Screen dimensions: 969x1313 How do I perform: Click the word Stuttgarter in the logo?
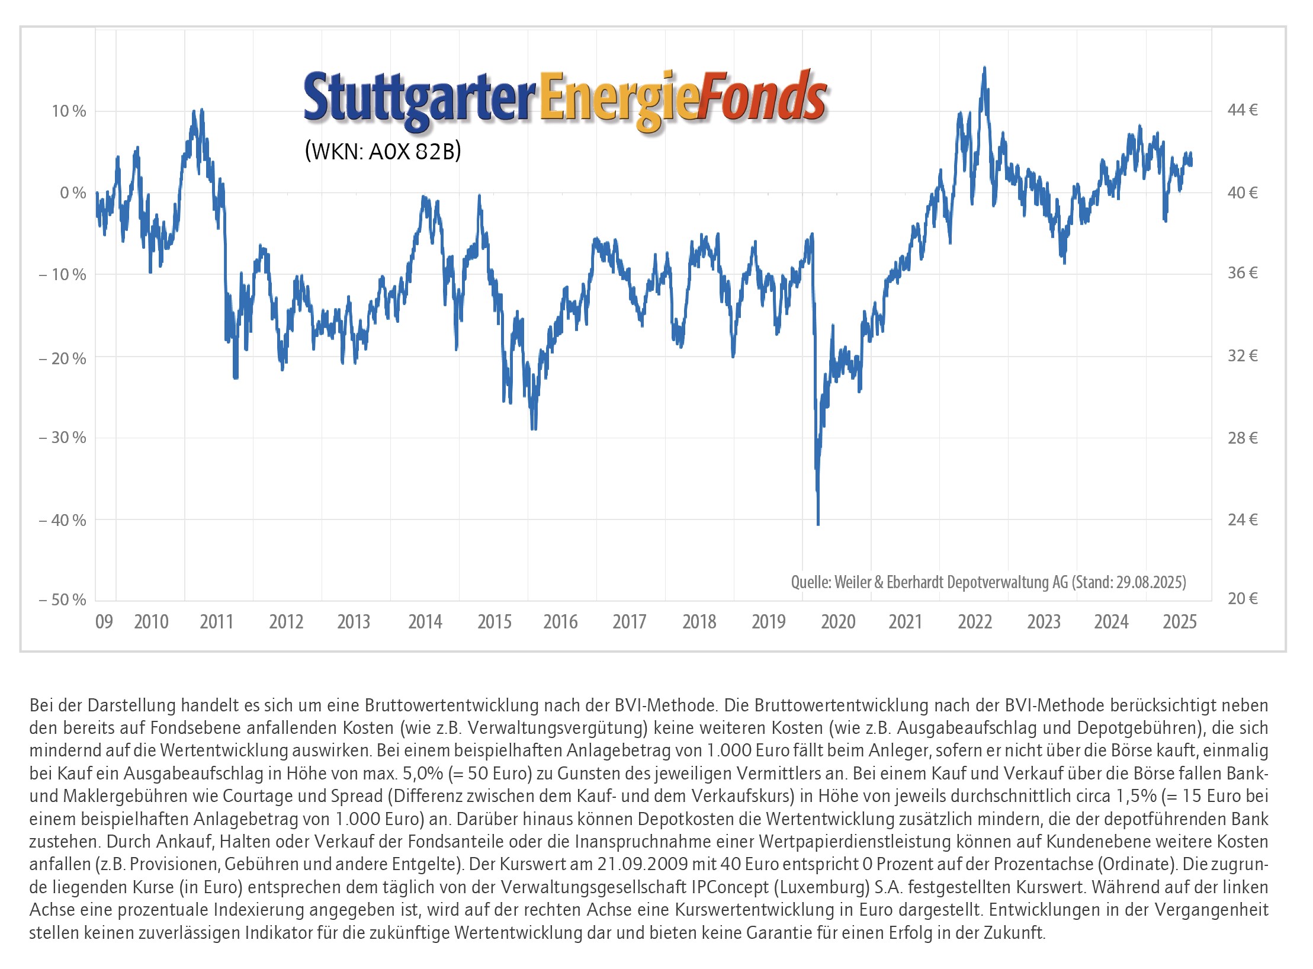(x=419, y=98)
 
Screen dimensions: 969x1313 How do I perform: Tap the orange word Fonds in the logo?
(x=763, y=97)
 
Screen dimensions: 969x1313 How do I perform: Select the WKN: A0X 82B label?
(x=383, y=152)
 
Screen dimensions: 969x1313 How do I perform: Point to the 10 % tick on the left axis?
(x=69, y=111)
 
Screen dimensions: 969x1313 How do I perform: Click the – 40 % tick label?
(x=63, y=521)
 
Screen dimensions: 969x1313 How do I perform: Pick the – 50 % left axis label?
(x=63, y=600)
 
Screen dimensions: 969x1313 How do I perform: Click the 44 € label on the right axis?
(x=1243, y=110)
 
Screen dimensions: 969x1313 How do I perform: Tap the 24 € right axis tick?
(x=1243, y=520)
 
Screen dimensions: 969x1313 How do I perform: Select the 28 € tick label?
(x=1243, y=438)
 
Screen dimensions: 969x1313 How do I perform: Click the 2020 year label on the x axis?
(x=838, y=622)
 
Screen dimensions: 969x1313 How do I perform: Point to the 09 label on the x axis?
(x=104, y=622)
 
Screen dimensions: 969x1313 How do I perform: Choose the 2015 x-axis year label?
(x=495, y=622)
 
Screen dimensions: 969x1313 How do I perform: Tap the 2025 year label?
(x=1180, y=622)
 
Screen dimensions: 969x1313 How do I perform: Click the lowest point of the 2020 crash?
(x=818, y=524)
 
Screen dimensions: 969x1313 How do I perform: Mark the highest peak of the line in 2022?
(x=984, y=68)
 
